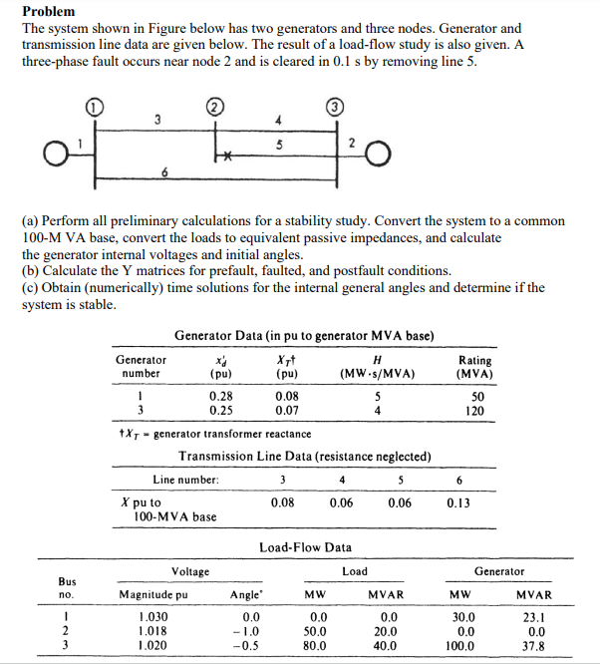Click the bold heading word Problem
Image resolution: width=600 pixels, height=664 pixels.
51,11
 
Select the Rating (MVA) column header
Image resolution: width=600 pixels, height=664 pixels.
473,367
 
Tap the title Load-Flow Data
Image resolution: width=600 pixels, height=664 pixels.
304,547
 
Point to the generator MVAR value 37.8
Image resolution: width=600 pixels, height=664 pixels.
535,645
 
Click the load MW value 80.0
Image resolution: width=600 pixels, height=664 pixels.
317,645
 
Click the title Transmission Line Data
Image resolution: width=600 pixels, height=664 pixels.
304,456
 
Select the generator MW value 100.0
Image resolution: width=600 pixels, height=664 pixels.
460,645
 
